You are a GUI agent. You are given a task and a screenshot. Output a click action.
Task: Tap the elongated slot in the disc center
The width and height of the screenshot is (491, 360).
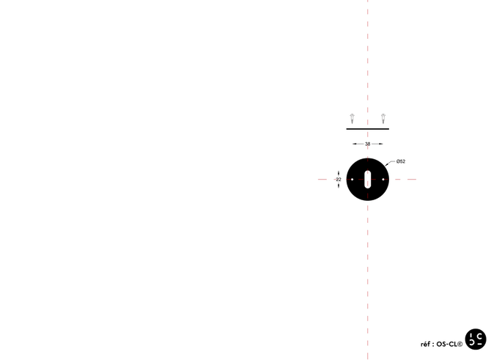[368, 179]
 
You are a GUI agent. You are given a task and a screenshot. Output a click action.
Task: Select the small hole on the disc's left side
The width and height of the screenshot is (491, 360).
[352, 179]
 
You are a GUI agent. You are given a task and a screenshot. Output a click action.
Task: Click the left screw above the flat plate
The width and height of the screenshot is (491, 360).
[352, 118]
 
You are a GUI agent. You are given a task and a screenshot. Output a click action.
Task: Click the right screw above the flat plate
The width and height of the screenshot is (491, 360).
[383, 118]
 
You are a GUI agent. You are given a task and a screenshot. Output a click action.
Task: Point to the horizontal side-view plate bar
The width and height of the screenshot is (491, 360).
[367, 129]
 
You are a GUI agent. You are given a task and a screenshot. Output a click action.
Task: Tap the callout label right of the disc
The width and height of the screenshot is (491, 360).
[402, 161]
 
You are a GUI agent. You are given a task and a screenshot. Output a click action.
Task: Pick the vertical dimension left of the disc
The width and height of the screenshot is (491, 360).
[338, 179]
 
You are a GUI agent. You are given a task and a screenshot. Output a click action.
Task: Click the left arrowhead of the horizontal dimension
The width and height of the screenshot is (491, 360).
[352, 143]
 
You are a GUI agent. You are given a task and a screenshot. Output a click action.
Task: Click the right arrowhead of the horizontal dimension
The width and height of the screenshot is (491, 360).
[383, 143]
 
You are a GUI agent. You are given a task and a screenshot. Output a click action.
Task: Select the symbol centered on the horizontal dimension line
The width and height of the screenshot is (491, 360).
[368, 143]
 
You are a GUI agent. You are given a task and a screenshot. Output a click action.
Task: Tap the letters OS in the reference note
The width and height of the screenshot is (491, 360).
[442, 343]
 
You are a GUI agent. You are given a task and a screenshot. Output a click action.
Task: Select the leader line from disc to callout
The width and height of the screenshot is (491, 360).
[390, 161]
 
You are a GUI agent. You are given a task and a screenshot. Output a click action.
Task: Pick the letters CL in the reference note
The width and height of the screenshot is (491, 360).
[454, 343]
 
